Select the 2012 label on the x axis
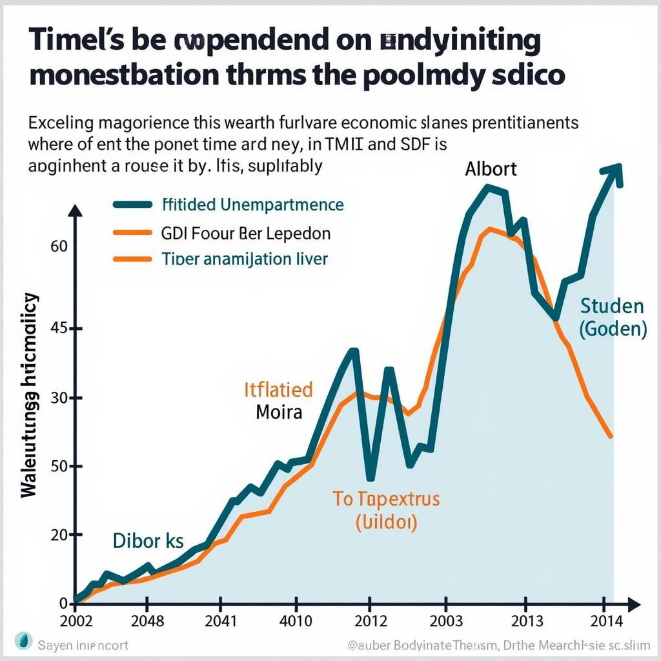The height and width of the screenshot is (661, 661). click(370, 621)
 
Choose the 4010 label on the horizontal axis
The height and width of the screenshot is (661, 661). click(294, 621)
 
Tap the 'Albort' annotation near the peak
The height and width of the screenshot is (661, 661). click(491, 169)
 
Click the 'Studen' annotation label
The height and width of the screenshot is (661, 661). click(612, 305)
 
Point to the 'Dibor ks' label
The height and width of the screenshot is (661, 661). click(148, 541)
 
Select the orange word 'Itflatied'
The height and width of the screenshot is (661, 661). click(278, 389)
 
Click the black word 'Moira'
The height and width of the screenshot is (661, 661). click(279, 412)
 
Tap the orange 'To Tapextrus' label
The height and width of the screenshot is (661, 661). click(386, 499)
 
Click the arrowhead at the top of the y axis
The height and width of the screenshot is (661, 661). click(76, 211)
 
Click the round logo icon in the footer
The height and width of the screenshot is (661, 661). click(24, 644)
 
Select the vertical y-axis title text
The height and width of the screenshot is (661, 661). click(30, 395)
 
